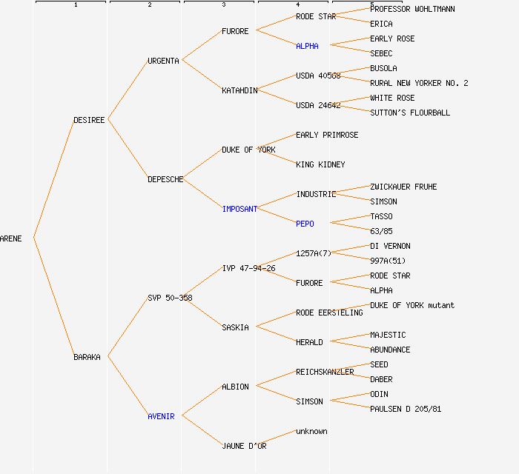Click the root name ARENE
click(11, 238)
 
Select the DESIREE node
click(89, 120)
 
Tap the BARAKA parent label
click(87, 357)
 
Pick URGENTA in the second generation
click(163, 61)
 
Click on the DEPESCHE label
click(165, 179)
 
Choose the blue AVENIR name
click(161, 416)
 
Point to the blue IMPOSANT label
click(239, 209)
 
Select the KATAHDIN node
click(239, 90)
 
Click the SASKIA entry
click(235, 327)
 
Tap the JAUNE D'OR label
click(244, 446)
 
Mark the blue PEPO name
click(305, 224)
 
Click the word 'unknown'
click(311, 431)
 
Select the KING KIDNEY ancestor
click(320, 164)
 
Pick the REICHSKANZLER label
click(325, 372)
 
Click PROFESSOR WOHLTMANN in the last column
click(412, 9)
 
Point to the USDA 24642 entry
click(318, 105)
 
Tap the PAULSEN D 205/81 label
click(406, 409)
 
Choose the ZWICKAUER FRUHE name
click(403, 187)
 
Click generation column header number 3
click(223, 5)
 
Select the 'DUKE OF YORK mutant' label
click(412, 305)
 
